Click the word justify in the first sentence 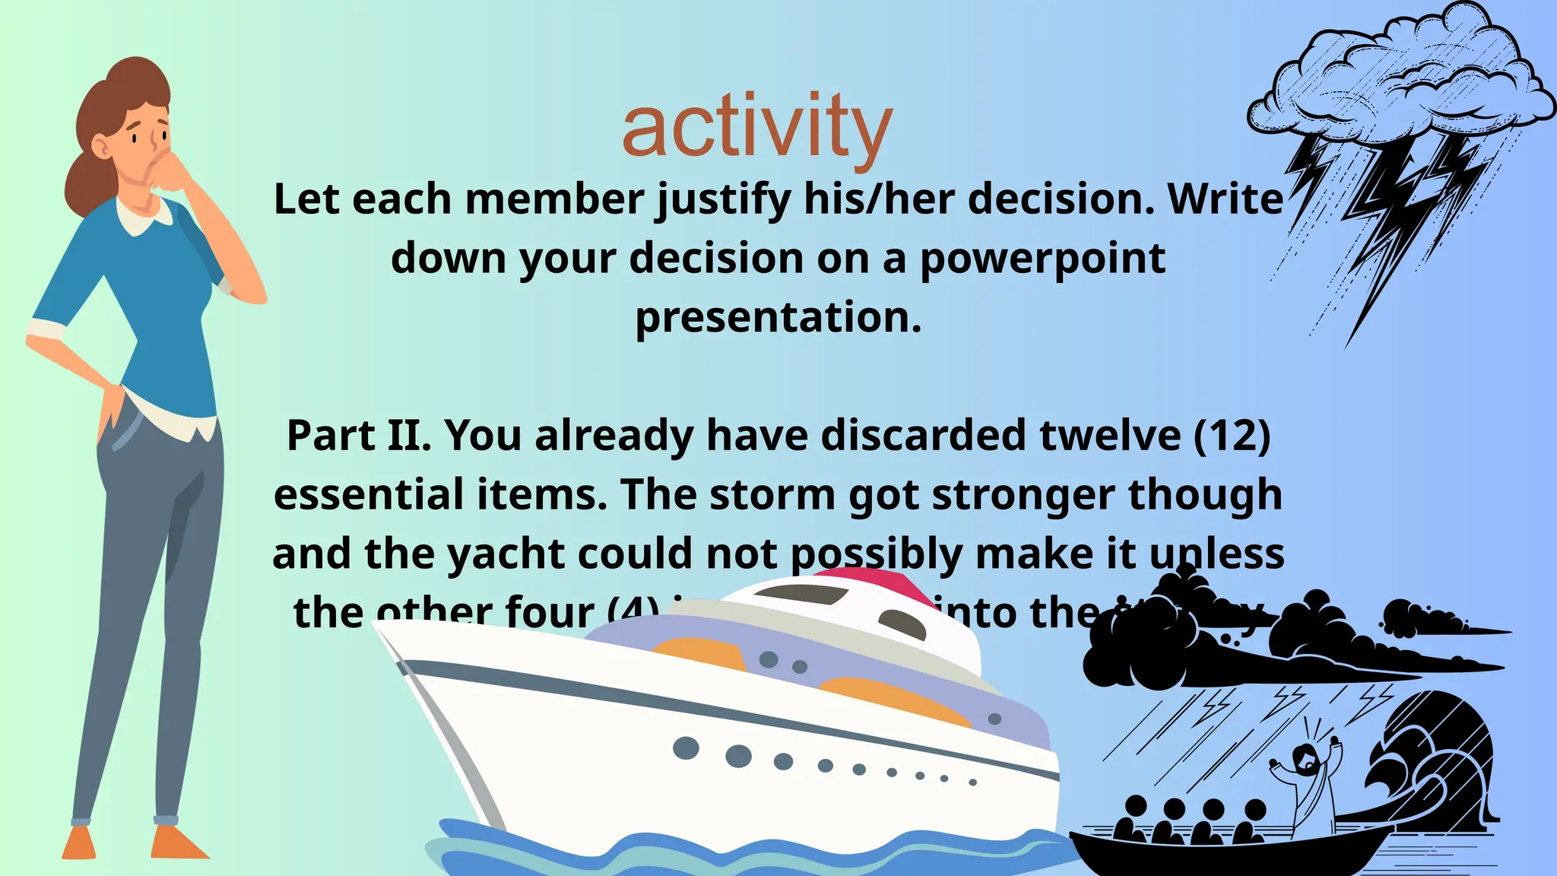tap(723, 201)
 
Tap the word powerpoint tap(1042, 260)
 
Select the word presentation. tap(778, 318)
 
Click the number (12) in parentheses tap(1232, 436)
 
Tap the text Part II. tap(358, 436)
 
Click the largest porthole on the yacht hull tap(737, 756)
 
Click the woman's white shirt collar tap(144, 217)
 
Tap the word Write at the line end tap(1226, 199)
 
